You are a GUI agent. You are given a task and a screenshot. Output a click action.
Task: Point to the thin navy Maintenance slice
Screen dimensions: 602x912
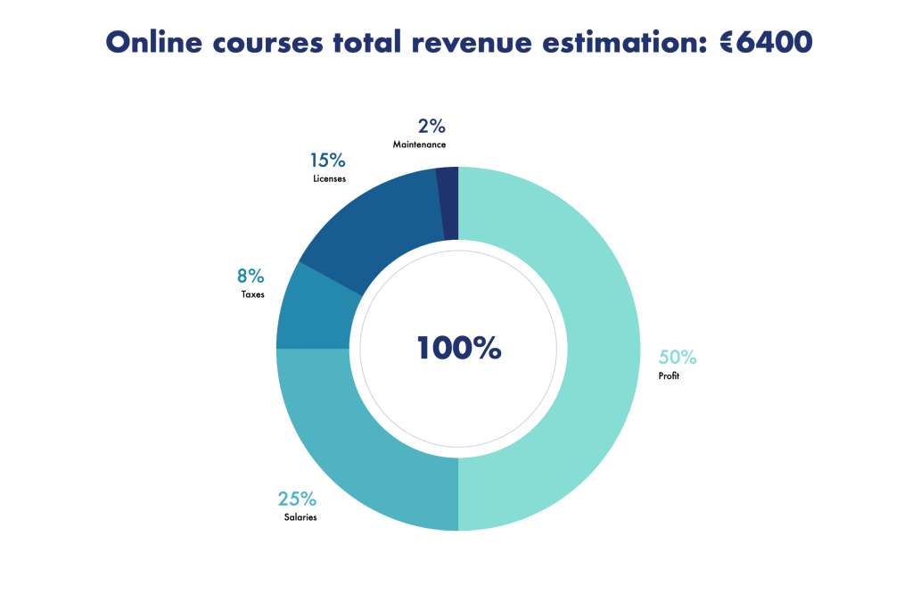pyautogui.click(x=449, y=203)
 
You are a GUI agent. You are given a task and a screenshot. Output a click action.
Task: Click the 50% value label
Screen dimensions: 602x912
pyautogui.click(x=678, y=358)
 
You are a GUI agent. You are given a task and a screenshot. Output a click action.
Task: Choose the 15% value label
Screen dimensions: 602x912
pyautogui.click(x=327, y=161)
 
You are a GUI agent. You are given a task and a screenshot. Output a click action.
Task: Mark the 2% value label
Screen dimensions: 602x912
pyautogui.click(x=431, y=126)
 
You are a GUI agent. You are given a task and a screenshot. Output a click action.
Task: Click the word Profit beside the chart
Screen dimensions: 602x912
pyautogui.click(x=670, y=376)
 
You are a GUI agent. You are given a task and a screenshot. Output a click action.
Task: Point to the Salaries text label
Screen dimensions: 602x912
pyautogui.click(x=300, y=517)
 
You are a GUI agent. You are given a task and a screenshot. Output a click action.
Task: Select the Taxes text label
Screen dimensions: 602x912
pyautogui.click(x=252, y=294)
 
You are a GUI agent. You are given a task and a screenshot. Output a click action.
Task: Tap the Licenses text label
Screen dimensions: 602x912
pyautogui.click(x=329, y=178)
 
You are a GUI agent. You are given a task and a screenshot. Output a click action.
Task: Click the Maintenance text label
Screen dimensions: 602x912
pyautogui.click(x=419, y=144)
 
